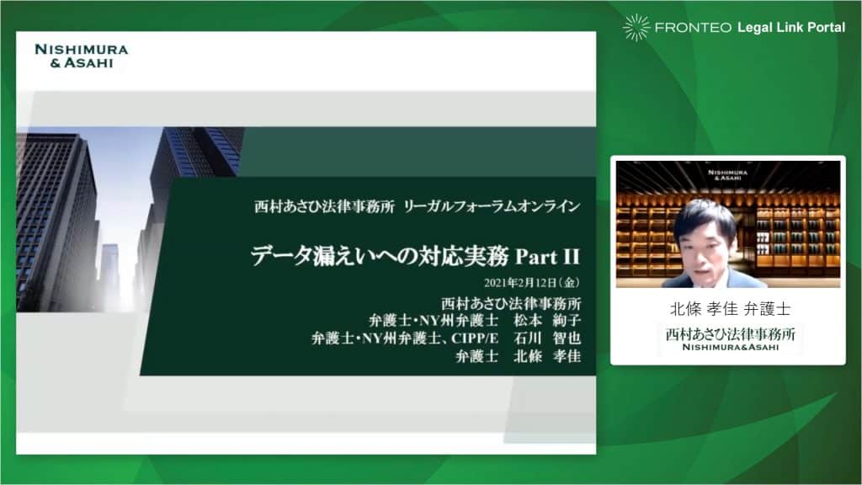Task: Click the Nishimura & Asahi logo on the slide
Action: (81, 56)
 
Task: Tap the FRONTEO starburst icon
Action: (636, 28)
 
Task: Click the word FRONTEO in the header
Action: (693, 28)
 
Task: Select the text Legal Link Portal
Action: (791, 28)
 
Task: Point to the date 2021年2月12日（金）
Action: (532, 283)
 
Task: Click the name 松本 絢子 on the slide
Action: (547, 320)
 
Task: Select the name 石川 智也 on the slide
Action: (547, 338)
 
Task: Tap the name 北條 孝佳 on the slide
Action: (547, 356)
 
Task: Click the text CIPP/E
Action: (475, 338)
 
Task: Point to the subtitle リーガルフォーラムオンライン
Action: (492, 207)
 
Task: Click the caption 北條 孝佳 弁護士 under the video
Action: (730, 309)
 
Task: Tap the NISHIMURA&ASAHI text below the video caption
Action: (730, 348)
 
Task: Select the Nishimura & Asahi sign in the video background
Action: (726, 175)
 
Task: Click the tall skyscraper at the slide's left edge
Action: (55, 220)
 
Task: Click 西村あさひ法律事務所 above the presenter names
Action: (511, 303)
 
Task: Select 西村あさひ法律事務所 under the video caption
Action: (730, 333)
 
